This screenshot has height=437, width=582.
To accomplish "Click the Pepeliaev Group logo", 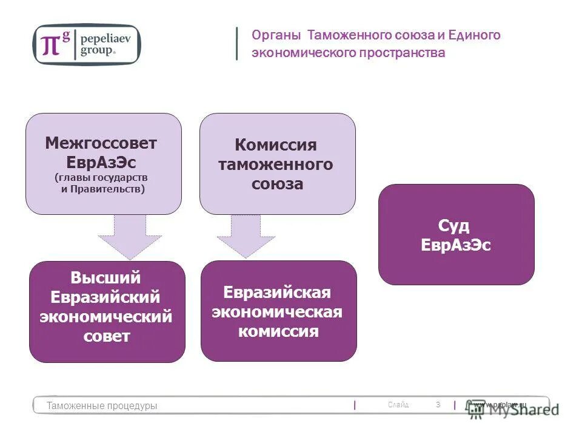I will (x=86, y=44).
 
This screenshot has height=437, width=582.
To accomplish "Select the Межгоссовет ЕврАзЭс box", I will (x=103, y=164).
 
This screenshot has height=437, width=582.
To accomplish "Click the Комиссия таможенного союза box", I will (x=278, y=164).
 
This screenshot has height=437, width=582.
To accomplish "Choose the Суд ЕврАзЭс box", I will (x=456, y=234).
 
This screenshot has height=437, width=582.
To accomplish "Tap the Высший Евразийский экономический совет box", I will (x=107, y=311).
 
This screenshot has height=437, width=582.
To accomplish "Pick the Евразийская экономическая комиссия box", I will (x=278, y=311).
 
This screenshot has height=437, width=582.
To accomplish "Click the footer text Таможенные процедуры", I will (x=102, y=405).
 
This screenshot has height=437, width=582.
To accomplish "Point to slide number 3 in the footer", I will (x=438, y=404).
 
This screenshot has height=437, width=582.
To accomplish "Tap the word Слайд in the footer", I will (x=398, y=405).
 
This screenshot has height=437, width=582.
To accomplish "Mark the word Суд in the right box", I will (x=454, y=226).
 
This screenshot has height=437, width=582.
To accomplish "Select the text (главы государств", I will (x=101, y=178).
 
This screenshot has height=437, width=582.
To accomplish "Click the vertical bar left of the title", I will (x=237, y=44).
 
